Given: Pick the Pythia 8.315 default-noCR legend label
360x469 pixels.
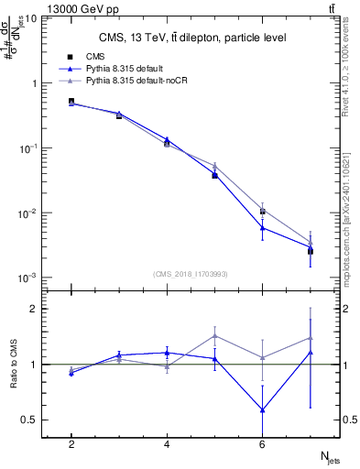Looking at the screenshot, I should (x=147, y=81).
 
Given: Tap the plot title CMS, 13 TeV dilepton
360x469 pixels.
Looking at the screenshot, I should (x=192, y=38).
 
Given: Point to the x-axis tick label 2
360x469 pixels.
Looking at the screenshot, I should (x=71, y=444).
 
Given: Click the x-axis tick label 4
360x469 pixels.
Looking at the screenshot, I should (x=167, y=444).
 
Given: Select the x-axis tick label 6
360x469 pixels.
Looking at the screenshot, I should (x=263, y=444).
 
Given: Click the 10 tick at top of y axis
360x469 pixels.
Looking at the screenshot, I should (x=30, y=18).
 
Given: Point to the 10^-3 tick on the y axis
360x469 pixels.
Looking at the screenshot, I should (x=27, y=278).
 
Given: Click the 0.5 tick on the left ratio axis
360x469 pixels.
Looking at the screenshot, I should (x=31, y=420).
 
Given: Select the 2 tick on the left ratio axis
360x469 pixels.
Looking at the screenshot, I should (x=34, y=309).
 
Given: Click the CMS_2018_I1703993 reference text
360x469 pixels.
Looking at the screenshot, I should (x=191, y=273).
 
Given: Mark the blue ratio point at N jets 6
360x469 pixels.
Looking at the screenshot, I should (x=263, y=409).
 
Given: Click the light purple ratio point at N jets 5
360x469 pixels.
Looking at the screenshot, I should (x=214, y=335).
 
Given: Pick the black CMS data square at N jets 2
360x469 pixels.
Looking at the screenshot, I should (x=71, y=102).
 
